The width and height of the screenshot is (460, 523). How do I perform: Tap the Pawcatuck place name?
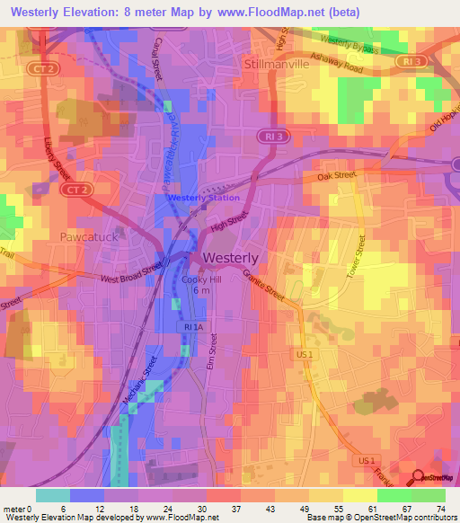[x=88, y=236]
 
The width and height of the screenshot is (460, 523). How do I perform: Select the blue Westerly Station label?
[x=203, y=198]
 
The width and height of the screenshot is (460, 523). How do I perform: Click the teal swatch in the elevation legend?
[x=52, y=495]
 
